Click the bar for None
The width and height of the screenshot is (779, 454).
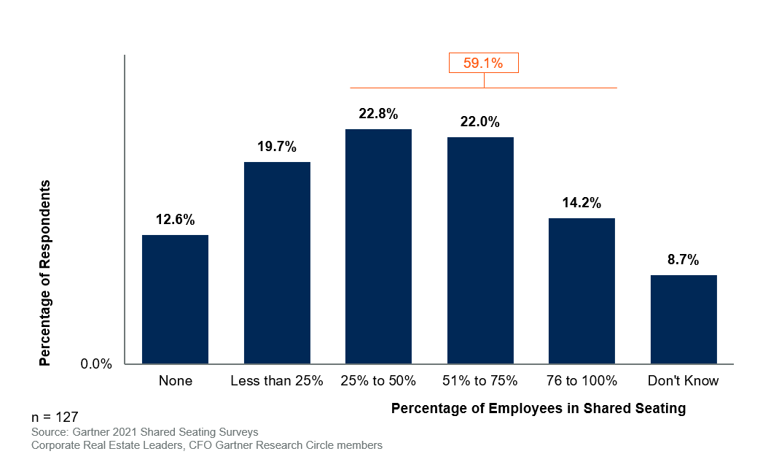pos(175,299)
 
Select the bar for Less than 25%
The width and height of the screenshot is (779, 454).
pos(277,263)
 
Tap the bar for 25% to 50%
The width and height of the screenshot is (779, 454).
pos(378,247)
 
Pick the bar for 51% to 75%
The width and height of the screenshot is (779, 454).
pos(480,250)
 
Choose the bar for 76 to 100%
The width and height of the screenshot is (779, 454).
pos(582,291)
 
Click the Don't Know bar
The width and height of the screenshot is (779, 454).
pos(684,319)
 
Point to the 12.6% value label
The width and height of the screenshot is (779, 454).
pos(175,220)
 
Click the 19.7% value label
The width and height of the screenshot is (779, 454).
pos(277,147)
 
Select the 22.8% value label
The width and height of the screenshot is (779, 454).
pos(378,114)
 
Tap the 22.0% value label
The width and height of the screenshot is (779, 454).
pos(480,122)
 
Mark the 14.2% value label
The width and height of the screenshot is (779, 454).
pos(582,203)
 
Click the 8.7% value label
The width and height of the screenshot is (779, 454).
pos(684,260)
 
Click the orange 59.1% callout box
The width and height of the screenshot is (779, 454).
pos(483,63)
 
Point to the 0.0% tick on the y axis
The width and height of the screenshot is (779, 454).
pos(95,364)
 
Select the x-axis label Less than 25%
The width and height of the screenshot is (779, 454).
pos(277,381)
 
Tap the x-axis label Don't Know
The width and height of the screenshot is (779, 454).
pos(684,381)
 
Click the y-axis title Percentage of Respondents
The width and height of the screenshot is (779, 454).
pos(45,272)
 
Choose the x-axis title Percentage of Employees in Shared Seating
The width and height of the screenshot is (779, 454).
pos(539,409)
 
